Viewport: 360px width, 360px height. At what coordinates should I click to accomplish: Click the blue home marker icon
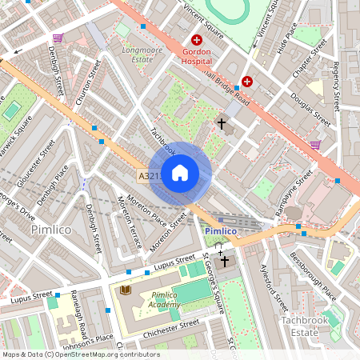pos(180,173)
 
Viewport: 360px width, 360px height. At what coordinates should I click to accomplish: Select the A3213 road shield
pos(150,176)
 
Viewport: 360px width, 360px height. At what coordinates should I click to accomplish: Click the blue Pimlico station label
pos(220,231)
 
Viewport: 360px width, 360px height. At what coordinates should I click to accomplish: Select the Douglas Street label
pos(311,109)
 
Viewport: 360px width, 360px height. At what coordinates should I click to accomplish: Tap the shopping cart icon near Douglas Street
pos(315,145)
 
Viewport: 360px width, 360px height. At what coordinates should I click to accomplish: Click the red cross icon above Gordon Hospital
pos(196,40)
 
